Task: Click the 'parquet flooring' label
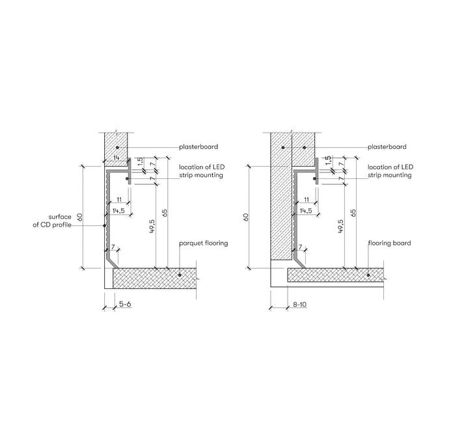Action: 203,243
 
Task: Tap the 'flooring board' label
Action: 389,243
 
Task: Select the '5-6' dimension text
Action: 125,304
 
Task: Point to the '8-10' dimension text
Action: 300,304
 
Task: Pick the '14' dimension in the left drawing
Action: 116,158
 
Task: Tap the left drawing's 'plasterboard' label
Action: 198,146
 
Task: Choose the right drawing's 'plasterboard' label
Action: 387,146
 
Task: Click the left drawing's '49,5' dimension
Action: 152,226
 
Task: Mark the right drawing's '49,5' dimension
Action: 341,226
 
